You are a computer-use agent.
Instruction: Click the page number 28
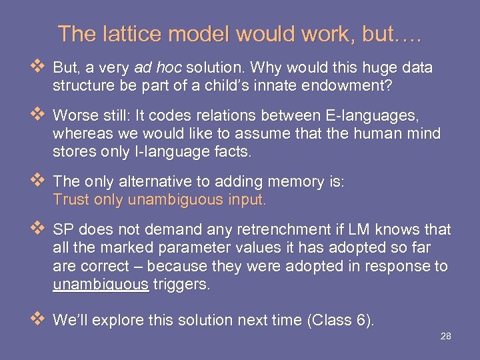pyautogui.click(x=446, y=336)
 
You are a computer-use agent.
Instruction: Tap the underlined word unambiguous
pyautogui.click(x=101, y=285)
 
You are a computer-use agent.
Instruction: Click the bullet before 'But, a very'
pyautogui.click(x=37, y=67)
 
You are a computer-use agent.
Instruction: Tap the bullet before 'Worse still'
pyautogui.click(x=37, y=115)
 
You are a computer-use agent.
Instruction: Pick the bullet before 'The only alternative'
pyautogui.click(x=37, y=181)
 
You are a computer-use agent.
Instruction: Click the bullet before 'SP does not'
pyautogui.click(x=37, y=229)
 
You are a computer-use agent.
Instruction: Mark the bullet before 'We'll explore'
pyautogui.click(x=37, y=319)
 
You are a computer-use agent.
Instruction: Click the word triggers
pyautogui.click(x=181, y=285)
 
